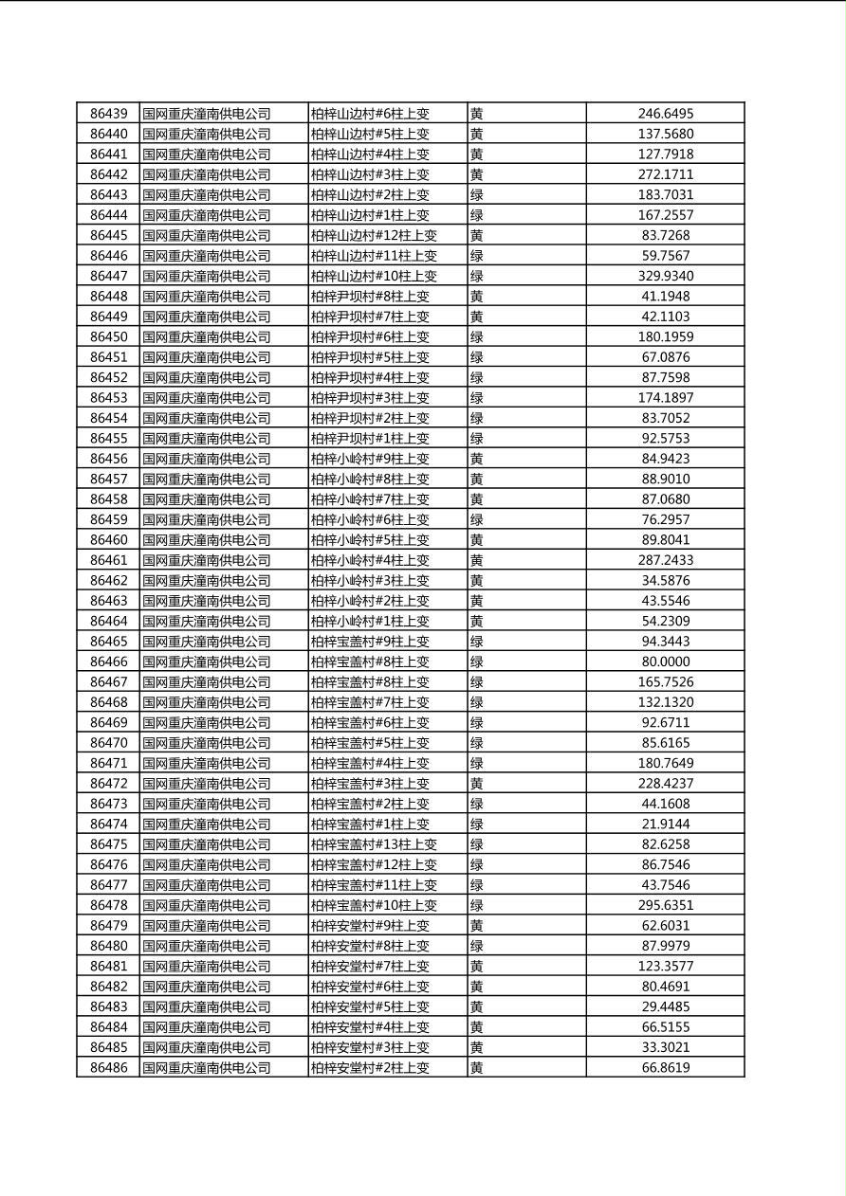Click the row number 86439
tap(108, 114)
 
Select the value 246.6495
tap(665, 114)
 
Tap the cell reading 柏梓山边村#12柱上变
tap(374, 235)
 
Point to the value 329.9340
tap(665, 276)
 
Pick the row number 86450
tap(108, 336)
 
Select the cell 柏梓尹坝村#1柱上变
tap(370, 438)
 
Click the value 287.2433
tap(665, 560)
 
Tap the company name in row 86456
tap(207, 459)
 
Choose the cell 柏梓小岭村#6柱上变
tap(370, 519)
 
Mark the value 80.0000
tap(665, 661)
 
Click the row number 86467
tap(108, 681)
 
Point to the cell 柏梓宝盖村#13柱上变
tap(374, 844)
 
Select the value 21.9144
tap(665, 824)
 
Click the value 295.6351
tap(665, 905)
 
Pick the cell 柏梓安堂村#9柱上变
tap(370, 925)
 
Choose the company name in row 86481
tap(207, 966)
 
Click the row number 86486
tap(108, 1067)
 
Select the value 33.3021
tap(665, 1047)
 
